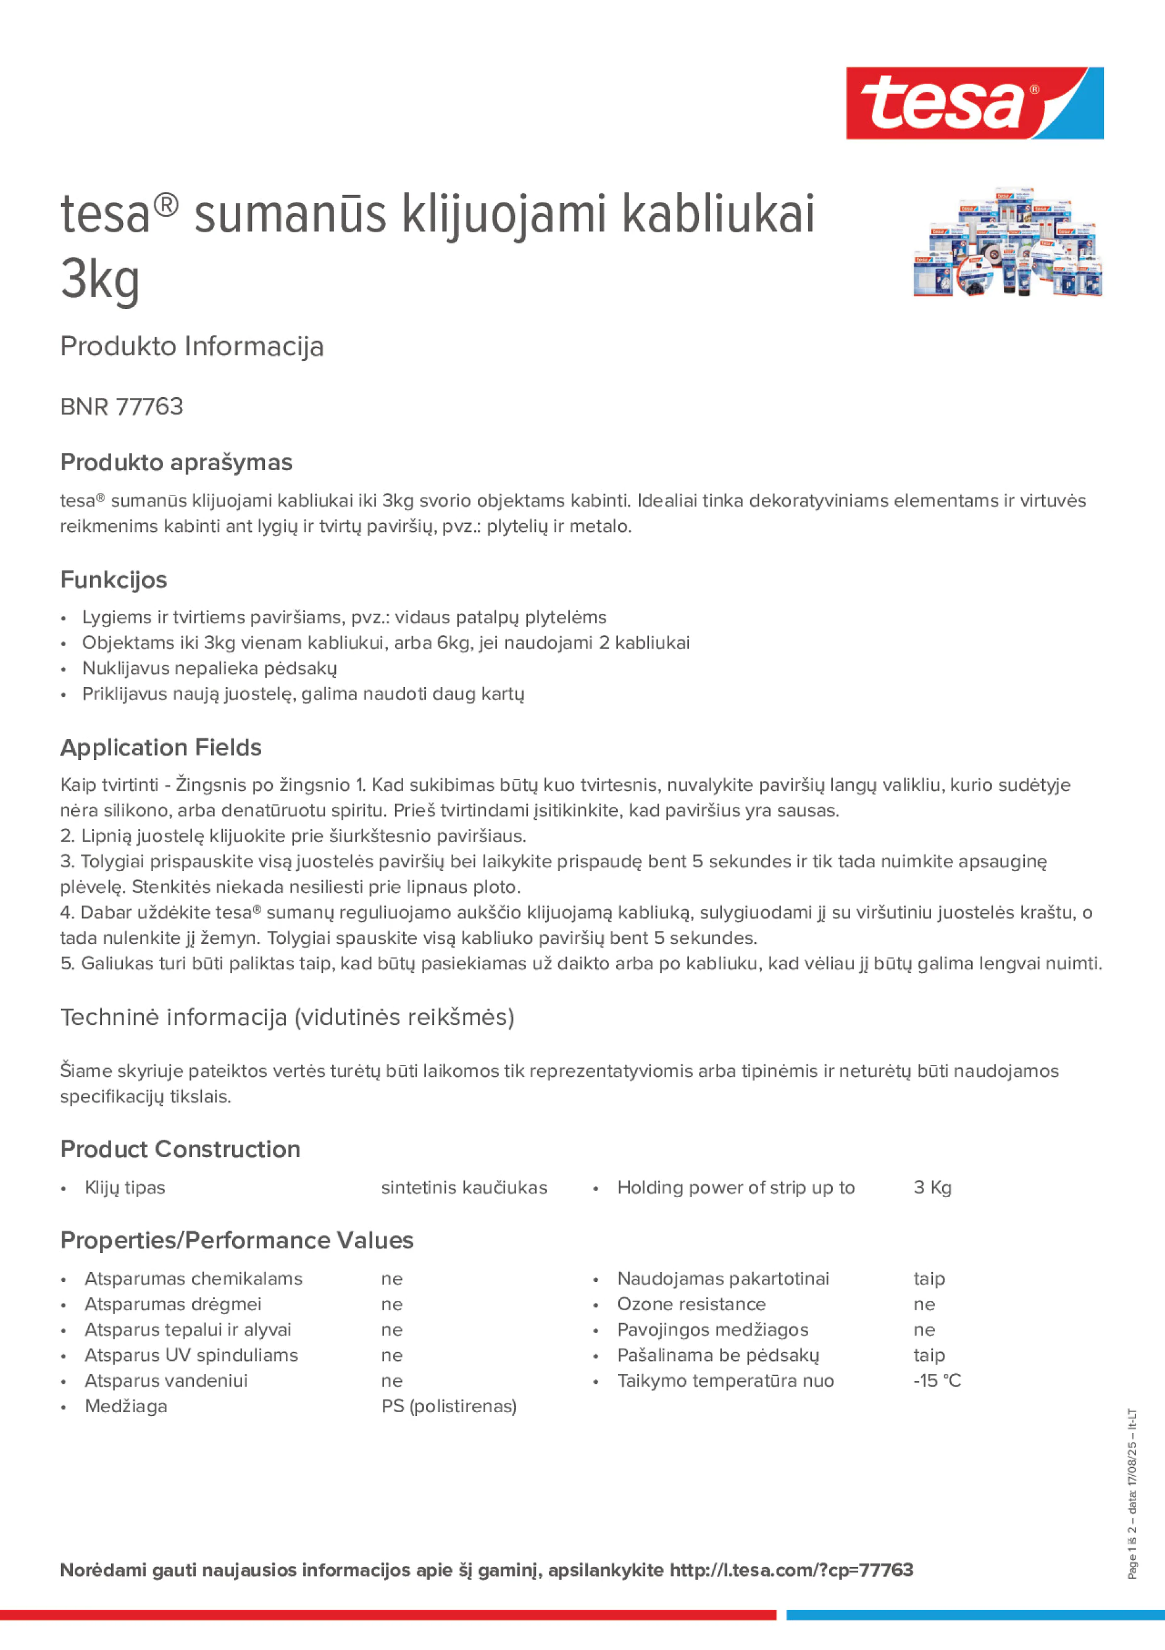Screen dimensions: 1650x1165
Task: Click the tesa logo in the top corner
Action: [x=974, y=103]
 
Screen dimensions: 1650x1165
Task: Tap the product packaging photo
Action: [x=1007, y=242]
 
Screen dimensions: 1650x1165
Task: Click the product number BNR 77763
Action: [x=122, y=406]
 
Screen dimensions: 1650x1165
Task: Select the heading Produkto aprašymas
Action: [x=176, y=462]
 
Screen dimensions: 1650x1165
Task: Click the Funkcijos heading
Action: [x=114, y=579]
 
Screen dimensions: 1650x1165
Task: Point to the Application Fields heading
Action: [x=161, y=747]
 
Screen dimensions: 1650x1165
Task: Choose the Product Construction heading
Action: [x=180, y=1149]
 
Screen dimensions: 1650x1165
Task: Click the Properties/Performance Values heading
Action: [x=237, y=1240]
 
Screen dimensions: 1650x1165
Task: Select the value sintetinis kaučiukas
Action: [x=464, y=1188]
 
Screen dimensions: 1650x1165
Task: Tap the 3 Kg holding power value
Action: [x=932, y=1188]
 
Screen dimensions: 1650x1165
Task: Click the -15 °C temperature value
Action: [x=937, y=1381]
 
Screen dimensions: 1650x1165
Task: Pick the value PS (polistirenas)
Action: [x=449, y=1407]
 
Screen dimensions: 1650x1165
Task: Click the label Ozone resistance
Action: [x=691, y=1304]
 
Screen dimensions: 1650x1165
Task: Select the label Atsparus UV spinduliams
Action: [x=191, y=1355]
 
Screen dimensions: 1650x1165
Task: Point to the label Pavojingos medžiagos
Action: [x=712, y=1329]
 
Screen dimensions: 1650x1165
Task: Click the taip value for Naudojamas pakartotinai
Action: [x=929, y=1279]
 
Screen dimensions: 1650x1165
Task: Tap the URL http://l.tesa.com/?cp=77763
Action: [x=791, y=1570]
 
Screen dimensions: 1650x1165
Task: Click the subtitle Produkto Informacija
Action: [x=192, y=347]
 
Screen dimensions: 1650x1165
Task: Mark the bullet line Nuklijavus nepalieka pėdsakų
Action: [x=209, y=668]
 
